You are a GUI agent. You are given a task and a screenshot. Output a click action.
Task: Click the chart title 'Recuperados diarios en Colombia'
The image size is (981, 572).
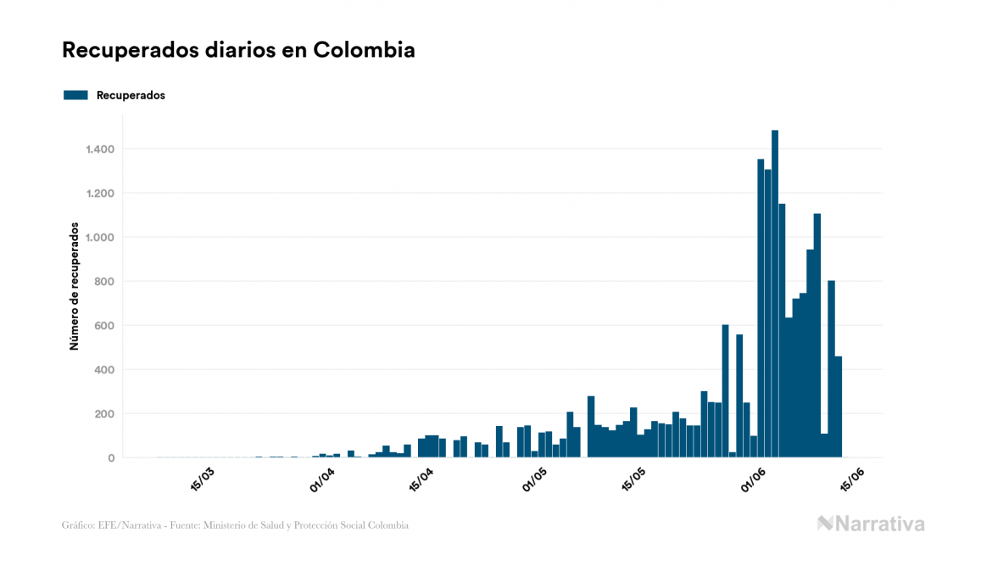(x=238, y=50)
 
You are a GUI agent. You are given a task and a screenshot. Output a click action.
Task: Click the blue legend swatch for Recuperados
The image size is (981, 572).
(x=75, y=95)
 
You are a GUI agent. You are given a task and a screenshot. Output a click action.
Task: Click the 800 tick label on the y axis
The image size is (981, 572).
(x=103, y=282)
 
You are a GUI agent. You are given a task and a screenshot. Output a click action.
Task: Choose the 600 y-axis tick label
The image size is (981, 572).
(x=103, y=326)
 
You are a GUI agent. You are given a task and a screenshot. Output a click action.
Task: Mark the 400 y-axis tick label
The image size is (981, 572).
(x=103, y=370)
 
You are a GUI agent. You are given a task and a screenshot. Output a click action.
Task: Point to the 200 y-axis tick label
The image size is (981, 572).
(x=103, y=414)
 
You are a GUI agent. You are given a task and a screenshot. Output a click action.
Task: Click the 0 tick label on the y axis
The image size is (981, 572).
(x=111, y=458)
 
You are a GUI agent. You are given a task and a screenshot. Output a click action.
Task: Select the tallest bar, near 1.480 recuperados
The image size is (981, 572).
(x=775, y=293)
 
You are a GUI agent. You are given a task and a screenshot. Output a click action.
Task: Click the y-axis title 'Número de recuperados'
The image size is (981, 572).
(x=75, y=287)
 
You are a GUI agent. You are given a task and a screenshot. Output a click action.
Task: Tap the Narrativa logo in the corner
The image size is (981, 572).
(x=871, y=524)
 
